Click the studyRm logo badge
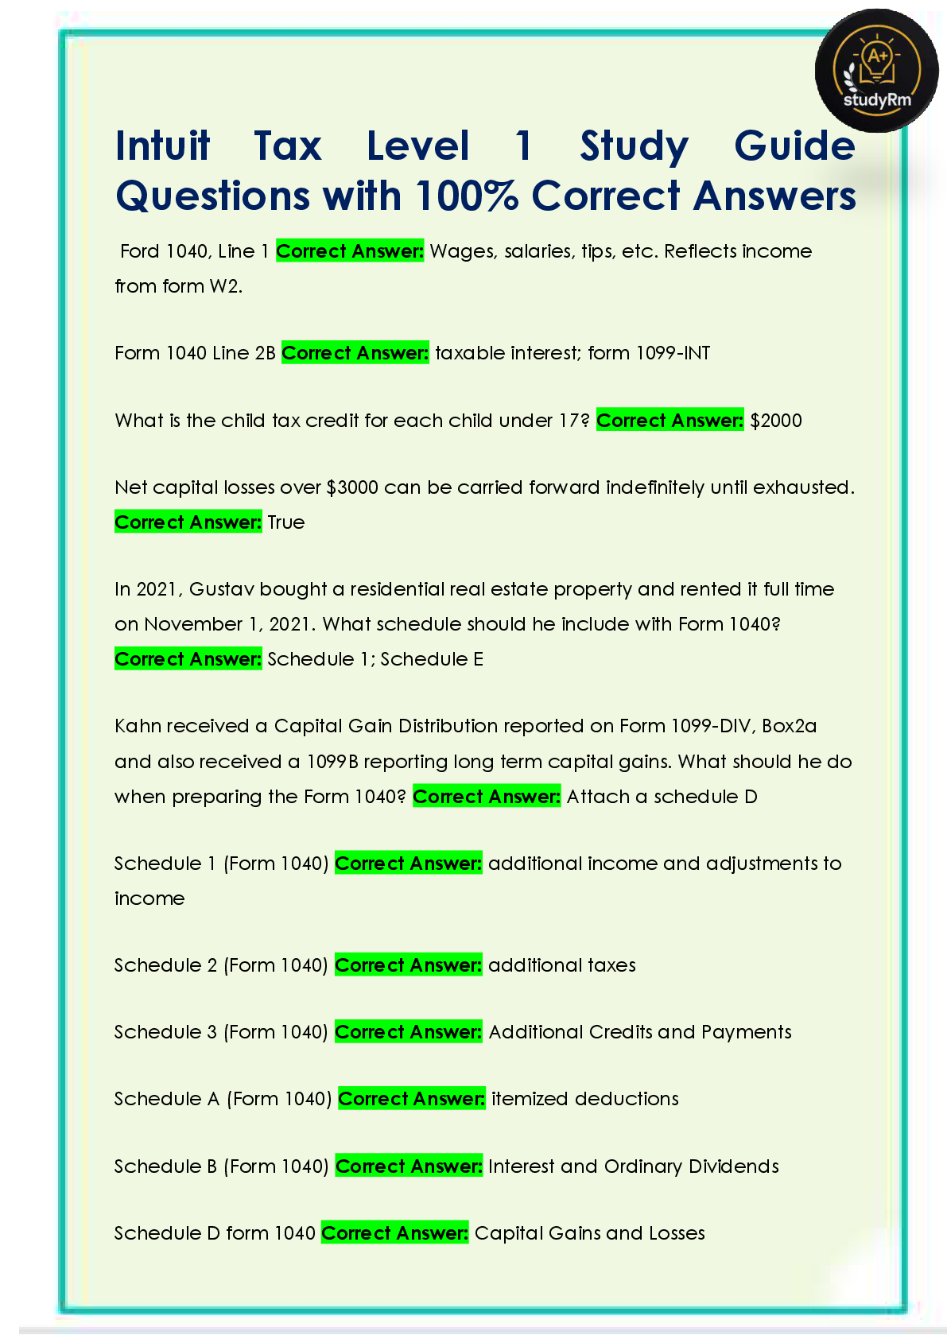click(876, 71)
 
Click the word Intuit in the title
click(163, 146)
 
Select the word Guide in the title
click(794, 146)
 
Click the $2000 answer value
click(776, 421)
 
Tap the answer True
click(286, 522)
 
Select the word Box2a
click(790, 726)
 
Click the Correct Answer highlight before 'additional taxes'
click(408, 965)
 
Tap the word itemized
click(530, 1099)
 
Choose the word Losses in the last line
click(677, 1233)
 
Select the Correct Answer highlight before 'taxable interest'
click(355, 353)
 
